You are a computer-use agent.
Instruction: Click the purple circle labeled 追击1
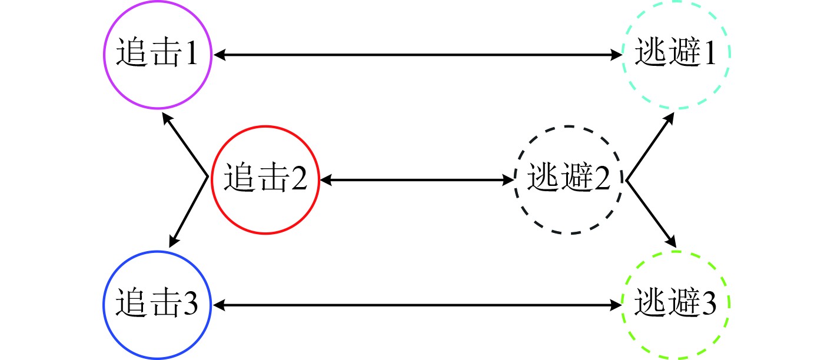157,55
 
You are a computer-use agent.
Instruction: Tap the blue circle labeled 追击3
157,305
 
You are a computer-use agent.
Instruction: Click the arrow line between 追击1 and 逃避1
418,55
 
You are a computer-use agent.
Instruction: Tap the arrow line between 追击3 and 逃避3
418,305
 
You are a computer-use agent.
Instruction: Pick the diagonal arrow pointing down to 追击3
188,212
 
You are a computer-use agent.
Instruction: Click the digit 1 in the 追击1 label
190,55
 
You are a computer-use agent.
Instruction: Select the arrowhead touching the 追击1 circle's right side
219,55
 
